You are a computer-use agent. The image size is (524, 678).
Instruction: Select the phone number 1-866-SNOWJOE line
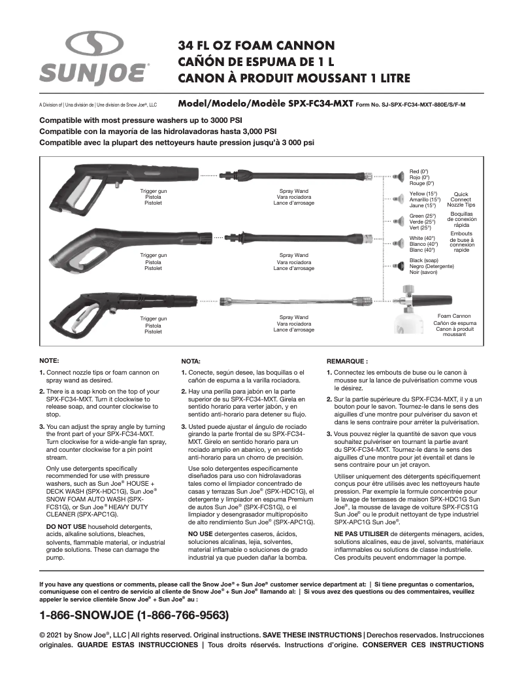click(x=134, y=615)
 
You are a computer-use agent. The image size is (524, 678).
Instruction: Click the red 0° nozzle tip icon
click(x=398, y=176)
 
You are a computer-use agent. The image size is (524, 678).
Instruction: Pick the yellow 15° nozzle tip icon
click(x=398, y=199)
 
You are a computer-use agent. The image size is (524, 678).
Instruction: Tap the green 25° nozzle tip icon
click(x=398, y=221)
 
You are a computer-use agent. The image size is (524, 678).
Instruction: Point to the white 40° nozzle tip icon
click(x=398, y=243)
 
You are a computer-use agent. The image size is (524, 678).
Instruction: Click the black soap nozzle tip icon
click(x=398, y=265)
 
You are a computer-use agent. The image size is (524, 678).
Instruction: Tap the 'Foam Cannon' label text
click(x=454, y=316)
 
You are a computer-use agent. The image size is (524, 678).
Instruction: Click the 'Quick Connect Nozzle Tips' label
click(x=461, y=199)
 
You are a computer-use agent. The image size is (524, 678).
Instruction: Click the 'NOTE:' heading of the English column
click(x=50, y=360)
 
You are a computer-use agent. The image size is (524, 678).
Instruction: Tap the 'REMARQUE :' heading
click(x=346, y=360)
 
